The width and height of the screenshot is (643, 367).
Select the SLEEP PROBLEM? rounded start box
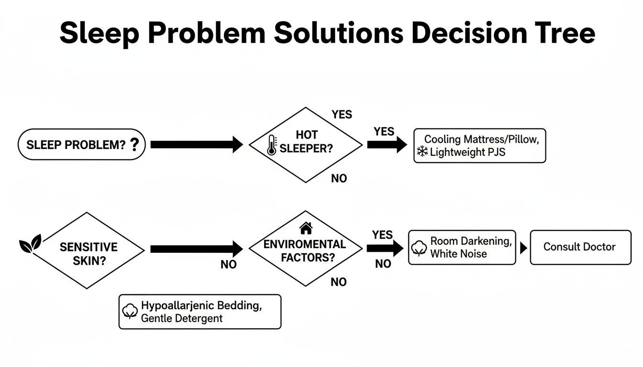pyautogui.click(x=81, y=144)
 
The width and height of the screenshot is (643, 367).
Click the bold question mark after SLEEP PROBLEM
pyautogui.click(x=135, y=144)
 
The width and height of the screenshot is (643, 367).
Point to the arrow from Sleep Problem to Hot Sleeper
pyautogui.click(x=197, y=144)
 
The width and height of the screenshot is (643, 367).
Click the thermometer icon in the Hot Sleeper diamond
pyautogui.click(x=272, y=145)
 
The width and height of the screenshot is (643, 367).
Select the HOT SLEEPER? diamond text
pyautogui.click(x=306, y=142)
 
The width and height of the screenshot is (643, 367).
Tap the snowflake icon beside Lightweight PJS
pyautogui.click(x=422, y=152)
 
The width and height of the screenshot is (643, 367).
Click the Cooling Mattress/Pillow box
pyautogui.click(x=479, y=146)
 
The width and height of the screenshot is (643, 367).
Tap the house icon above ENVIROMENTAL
pyautogui.click(x=306, y=228)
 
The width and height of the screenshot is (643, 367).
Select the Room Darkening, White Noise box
pyautogui.click(x=462, y=247)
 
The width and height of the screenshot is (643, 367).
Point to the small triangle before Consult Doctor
pyautogui.click(x=523, y=248)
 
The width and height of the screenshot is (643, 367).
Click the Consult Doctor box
pyautogui.click(x=580, y=247)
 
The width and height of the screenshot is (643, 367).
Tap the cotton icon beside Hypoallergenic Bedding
pyautogui.click(x=130, y=312)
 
